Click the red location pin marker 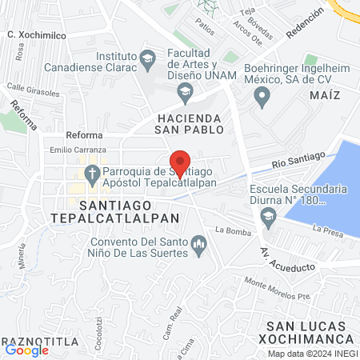180,164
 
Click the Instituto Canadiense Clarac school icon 147,58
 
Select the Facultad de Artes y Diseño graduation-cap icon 186,93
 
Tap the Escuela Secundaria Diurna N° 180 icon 269,214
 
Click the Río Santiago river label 298,160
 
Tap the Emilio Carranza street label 78,150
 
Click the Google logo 27,350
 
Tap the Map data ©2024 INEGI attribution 312,354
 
